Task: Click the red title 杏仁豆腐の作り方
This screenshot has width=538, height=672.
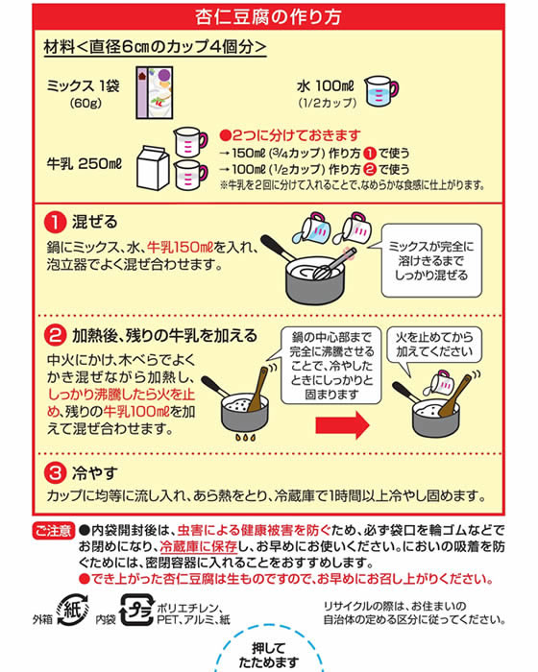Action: click(268, 16)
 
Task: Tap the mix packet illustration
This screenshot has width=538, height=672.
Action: click(155, 92)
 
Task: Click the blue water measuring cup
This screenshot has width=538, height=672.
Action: click(380, 91)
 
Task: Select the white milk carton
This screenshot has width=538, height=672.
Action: click(153, 168)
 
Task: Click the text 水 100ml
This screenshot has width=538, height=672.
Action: click(326, 86)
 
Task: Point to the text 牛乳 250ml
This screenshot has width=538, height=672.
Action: click(85, 164)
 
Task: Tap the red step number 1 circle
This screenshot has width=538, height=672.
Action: click(55, 222)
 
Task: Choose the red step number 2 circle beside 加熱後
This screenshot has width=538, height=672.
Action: click(55, 336)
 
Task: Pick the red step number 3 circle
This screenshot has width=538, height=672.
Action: click(55, 473)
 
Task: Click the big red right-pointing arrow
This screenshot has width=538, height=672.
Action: click(342, 424)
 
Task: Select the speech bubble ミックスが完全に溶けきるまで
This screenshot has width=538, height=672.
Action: click(431, 260)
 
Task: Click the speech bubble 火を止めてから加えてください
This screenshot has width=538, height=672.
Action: click(433, 345)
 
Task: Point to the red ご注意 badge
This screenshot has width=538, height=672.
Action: click(54, 531)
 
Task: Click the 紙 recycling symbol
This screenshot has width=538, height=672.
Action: click(72, 610)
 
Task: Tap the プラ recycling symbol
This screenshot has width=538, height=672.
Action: click(136, 610)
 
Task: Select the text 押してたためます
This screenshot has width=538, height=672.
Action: click(269, 655)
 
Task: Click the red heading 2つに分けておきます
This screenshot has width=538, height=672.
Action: click(289, 135)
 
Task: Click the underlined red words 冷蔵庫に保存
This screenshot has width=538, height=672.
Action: click(198, 547)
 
